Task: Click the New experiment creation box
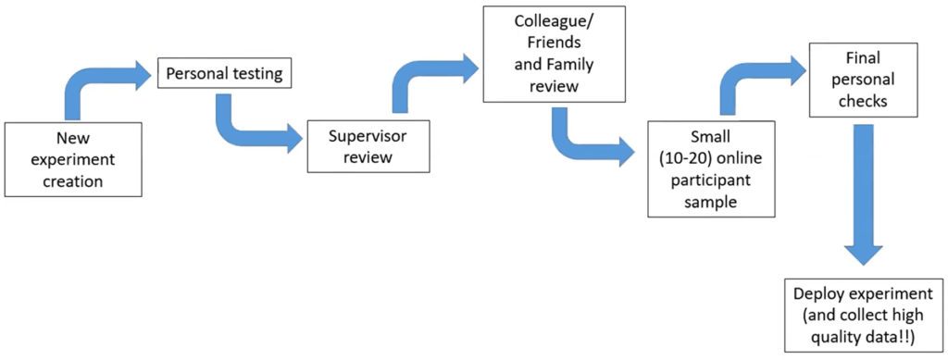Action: [x=73, y=158]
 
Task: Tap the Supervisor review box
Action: [x=368, y=145]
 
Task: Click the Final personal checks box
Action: [x=866, y=80]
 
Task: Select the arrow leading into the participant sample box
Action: [x=588, y=136]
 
